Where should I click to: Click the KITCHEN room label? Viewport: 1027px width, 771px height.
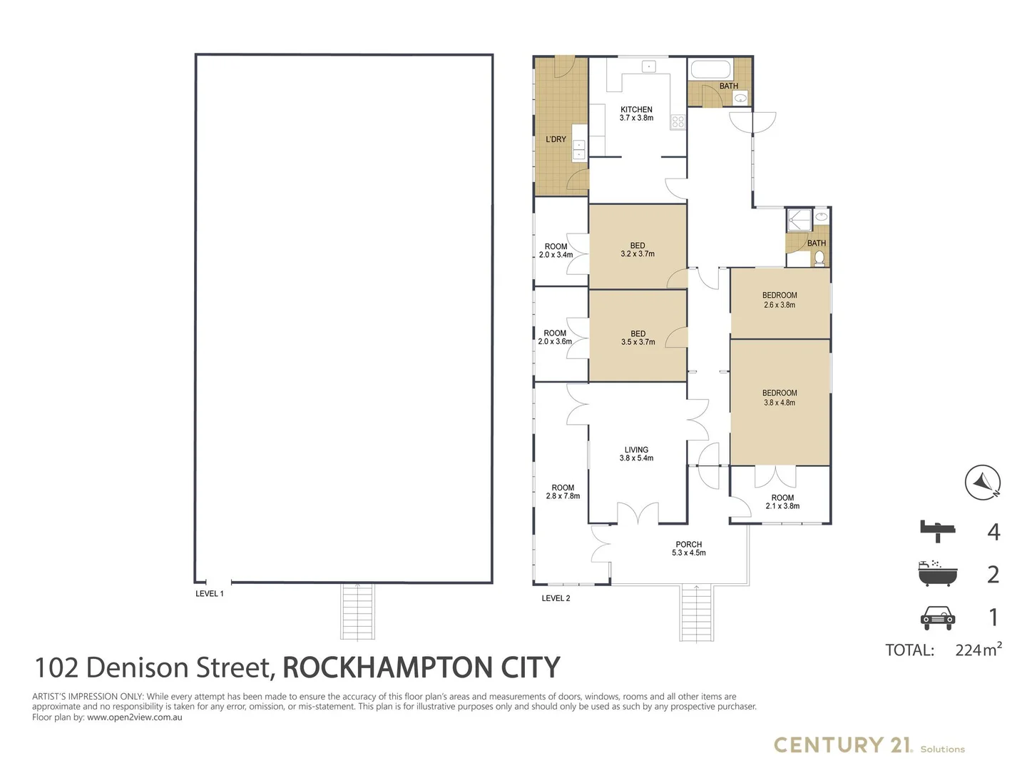click(x=636, y=110)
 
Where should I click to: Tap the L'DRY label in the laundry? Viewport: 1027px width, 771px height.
click(x=556, y=139)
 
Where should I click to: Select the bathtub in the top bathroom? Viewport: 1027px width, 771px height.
click(x=710, y=71)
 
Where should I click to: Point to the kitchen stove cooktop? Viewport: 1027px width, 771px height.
click(x=678, y=122)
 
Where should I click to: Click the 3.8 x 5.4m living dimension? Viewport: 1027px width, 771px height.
click(x=636, y=458)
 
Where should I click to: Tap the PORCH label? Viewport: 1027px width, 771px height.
click(x=689, y=544)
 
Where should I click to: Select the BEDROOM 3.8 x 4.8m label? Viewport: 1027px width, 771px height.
click(x=780, y=398)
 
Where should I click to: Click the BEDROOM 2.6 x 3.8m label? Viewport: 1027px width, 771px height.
click(x=780, y=300)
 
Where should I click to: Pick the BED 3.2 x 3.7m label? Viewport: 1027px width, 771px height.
click(x=638, y=250)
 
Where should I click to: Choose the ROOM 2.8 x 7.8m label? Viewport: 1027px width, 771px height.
click(x=563, y=492)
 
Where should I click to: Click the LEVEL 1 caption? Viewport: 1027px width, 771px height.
click(x=210, y=593)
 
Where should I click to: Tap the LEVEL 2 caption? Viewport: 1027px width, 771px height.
click(x=556, y=598)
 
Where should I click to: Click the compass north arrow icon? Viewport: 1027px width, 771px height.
click(x=983, y=482)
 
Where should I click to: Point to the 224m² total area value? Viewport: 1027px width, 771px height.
click(x=978, y=650)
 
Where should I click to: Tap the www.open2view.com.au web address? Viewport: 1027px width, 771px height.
click(x=135, y=717)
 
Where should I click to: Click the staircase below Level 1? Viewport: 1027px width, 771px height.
click(x=357, y=611)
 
